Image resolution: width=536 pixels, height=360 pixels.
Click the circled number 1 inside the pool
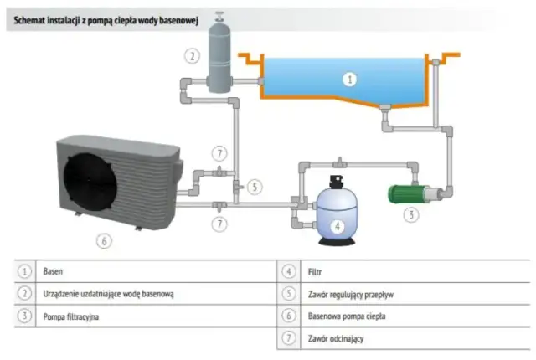(351, 80)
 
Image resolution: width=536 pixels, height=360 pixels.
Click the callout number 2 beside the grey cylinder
(193, 56)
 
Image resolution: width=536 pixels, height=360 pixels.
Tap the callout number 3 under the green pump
(411, 214)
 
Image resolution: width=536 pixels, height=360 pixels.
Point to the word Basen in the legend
(54, 272)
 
